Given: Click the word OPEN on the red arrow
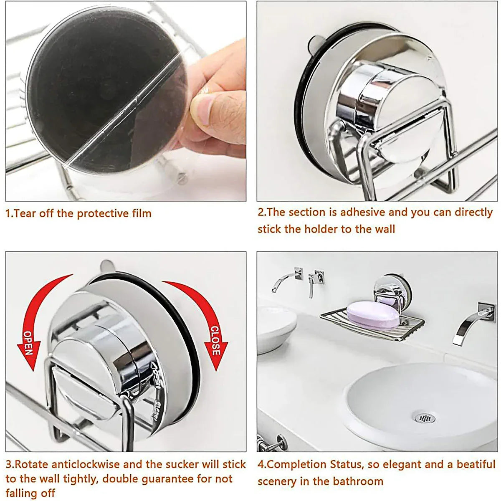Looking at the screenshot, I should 28,342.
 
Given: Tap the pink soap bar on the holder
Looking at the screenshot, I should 372,316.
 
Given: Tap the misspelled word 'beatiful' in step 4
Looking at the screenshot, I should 476,464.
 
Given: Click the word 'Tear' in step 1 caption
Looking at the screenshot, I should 23,213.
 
